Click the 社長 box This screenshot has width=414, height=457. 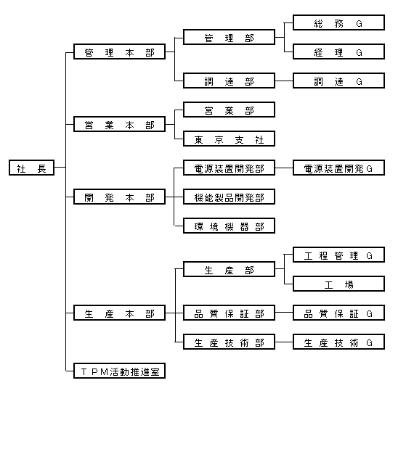(x=31, y=168)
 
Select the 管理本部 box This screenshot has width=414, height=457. (x=119, y=52)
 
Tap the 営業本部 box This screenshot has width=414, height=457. (x=119, y=124)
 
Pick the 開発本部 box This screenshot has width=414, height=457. (x=119, y=197)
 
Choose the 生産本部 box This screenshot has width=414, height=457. (x=119, y=313)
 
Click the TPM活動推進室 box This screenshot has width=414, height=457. (x=119, y=371)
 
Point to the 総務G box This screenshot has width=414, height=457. (x=338, y=22)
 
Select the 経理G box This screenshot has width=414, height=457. (x=338, y=52)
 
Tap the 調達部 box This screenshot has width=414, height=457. (x=229, y=81)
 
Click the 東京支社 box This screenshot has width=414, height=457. (x=229, y=139)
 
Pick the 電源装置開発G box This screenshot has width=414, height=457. (x=338, y=168)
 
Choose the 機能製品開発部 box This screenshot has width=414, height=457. (x=229, y=197)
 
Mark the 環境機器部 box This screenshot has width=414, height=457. (x=229, y=226)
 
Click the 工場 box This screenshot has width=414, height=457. (x=338, y=284)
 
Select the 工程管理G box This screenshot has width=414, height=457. (x=338, y=255)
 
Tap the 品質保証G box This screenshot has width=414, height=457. (x=338, y=313)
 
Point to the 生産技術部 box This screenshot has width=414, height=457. (x=229, y=342)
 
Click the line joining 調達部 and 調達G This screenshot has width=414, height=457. (x=284, y=81)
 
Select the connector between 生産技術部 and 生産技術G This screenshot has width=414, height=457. (x=284, y=342)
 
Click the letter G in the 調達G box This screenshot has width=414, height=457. (x=359, y=81)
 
